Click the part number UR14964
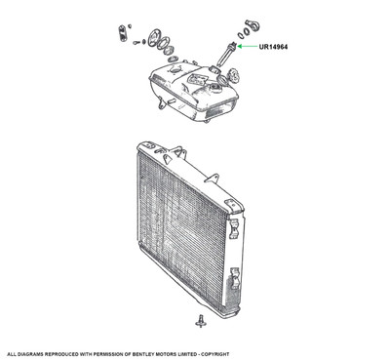pyautogui.click(x=273, y=47)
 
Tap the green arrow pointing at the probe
pyautogui.click(x=248, y=47)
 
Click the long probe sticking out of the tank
pyautogui.click(x=226, y=54)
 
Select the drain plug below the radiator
pyautogui.click(x=201, y=321)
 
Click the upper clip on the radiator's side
pyautogui.click(x=234, y=229)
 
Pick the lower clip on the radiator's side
pyautogui.click(x=235, y=278)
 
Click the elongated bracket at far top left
pyautogui.click(x=122, y=33)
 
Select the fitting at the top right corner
pyautogui.click(x=252, y=25)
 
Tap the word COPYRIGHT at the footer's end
pyautogui.click(x=214, y=354)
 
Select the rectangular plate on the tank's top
pyautogui.click(x=197, y=78)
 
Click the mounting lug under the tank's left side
pyautogui.click(x=160, y=102)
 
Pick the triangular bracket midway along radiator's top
pyautogui.click(x=212, y=178)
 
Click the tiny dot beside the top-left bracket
pyautogui.click(x=130, y=25)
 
